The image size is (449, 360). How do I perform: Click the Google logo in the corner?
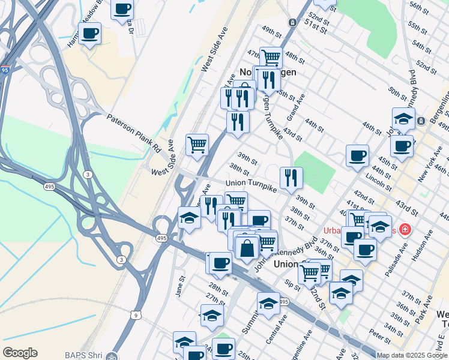point(20,353)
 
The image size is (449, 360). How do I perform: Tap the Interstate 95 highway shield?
point(4,70)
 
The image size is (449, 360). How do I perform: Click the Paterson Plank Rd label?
point(134,132)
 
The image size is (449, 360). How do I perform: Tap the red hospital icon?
point(405,229)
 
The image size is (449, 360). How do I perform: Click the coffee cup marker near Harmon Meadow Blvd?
point(90,34)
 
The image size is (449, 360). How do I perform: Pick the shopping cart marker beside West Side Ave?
point(197,145)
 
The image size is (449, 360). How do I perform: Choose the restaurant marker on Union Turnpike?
point(291,177)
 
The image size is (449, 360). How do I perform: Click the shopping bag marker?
point(247,247)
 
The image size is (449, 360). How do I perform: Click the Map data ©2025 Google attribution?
point(412,355)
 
